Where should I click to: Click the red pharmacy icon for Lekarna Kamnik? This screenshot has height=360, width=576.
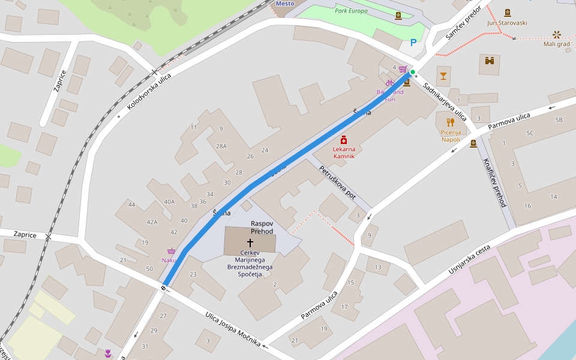(344, 140)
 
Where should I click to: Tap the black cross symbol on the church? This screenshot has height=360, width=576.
(250, 243)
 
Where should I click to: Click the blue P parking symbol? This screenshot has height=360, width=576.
(413, 43)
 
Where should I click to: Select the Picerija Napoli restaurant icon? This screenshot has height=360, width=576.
(451, 122)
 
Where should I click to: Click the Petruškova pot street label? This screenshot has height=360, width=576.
(337, 182)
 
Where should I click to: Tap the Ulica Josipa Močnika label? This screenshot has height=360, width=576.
(233, 329)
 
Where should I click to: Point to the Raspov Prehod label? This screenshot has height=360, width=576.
(262, 227)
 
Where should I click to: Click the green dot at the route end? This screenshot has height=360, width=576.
(413, 72)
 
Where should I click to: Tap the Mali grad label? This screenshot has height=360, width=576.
(556, 44)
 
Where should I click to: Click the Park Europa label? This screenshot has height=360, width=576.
(351, 11)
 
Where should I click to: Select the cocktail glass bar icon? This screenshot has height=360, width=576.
(443, 76)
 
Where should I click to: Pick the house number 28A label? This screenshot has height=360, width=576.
(221, 146)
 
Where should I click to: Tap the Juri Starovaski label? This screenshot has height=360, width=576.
(507, 22)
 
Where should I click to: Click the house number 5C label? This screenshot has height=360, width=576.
(530, 133)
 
